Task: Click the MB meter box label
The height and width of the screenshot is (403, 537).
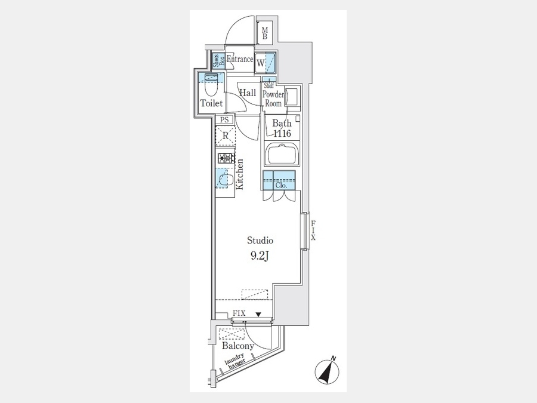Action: pyautogui.click(x=265, y=33)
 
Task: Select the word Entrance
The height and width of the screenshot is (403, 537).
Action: pyautogui.click(x=240, y=59)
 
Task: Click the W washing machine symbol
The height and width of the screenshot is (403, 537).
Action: pyautogui.click(x=261, y=63)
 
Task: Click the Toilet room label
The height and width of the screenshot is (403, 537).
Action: pyautogui.click(x=211, y=103)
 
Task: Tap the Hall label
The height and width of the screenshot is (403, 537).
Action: pyautogui.click(x=248, y=93)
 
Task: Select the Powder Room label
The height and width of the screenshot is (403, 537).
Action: pyautogui.click(x=273, y=99)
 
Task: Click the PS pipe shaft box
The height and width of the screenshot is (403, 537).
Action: pyautogui.click(x=224, y=119)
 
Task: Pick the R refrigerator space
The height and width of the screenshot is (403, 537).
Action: pyautogui.click(x=225, y=136)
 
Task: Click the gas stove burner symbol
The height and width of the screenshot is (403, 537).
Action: pyautogui.click(x=226, y=158)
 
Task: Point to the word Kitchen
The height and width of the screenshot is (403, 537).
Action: pyautogui.click(x=239, y=174)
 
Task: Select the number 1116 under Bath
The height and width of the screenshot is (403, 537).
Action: pyautogui.click(x=282, y=133)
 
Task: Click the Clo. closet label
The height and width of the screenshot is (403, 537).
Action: pyautogui.click(x=281, y=186)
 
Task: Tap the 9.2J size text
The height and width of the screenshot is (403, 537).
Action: pyautogui.click(x=260, y=256)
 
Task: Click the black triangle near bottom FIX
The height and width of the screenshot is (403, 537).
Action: pyautogui.click(x=258, y=314)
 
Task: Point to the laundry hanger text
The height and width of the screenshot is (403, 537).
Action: pyautogui.click(x=235, y=361)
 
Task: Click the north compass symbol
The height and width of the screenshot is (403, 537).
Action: pyautogui.click(x=327, y=371)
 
